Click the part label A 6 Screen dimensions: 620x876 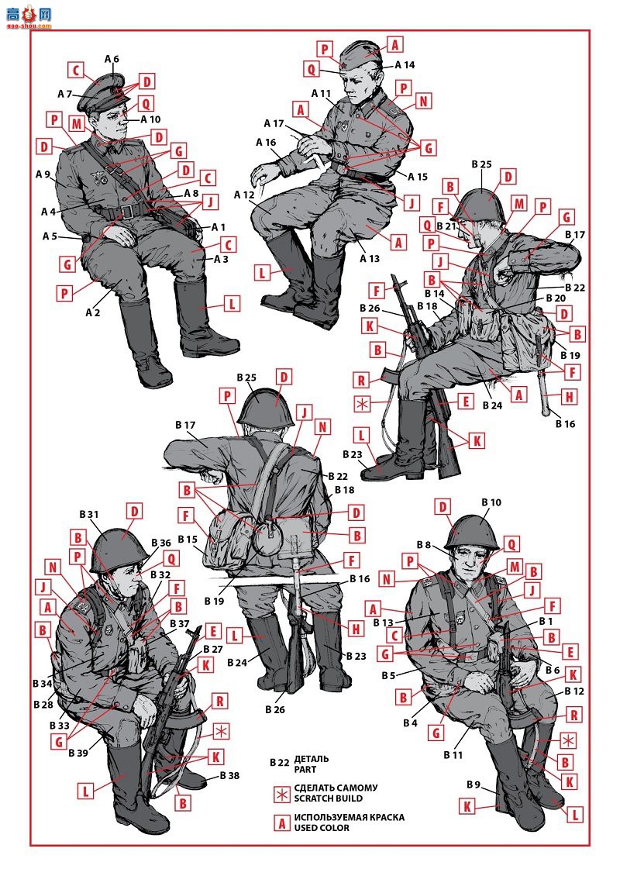[112, 59]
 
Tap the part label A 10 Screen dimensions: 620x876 [150, 119]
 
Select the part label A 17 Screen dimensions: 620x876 [274, 123]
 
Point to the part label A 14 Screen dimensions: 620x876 [405, 65]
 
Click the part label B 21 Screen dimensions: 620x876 [446, 226]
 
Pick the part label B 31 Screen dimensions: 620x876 [89, 515]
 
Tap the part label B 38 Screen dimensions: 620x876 [229, 775]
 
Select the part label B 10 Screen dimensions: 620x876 [491, 502]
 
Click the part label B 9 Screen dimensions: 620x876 [473, 785]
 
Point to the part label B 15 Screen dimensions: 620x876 [188, 539]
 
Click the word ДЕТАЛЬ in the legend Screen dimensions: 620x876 [312, 759]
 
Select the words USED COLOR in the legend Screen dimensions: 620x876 [322, 827]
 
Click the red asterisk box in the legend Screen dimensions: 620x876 [281, 794]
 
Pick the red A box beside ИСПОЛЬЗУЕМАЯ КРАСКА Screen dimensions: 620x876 [281, 823]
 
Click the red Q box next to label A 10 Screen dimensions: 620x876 [146, 103]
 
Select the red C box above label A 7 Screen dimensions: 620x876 [76, 71]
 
